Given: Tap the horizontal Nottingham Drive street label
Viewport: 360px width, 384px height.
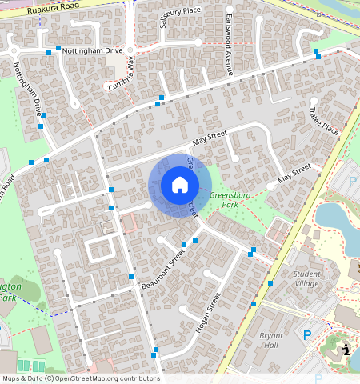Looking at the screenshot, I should click(93, 50).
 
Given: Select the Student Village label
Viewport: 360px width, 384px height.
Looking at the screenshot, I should click(306, 278).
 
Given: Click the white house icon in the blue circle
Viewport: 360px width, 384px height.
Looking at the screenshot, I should click(180, 186).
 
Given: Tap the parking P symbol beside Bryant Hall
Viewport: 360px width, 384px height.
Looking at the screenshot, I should click(306, 336).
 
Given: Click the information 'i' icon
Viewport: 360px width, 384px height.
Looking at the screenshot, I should click(345, 349).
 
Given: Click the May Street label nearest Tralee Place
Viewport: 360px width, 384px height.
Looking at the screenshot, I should click(294, 174).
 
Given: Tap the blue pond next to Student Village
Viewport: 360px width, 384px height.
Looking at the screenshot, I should click(330, 214).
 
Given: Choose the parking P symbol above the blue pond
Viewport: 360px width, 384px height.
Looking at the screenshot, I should click(353, 182).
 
